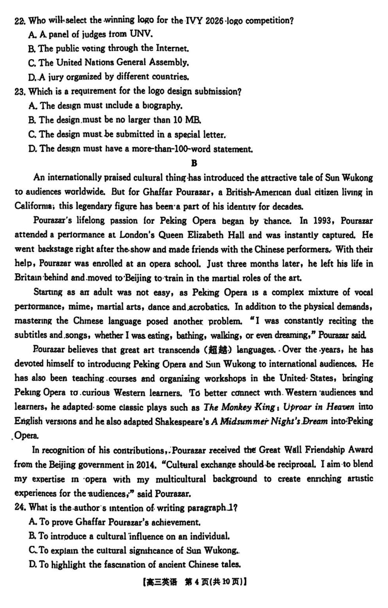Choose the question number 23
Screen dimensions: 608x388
[x=20, y=91]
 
